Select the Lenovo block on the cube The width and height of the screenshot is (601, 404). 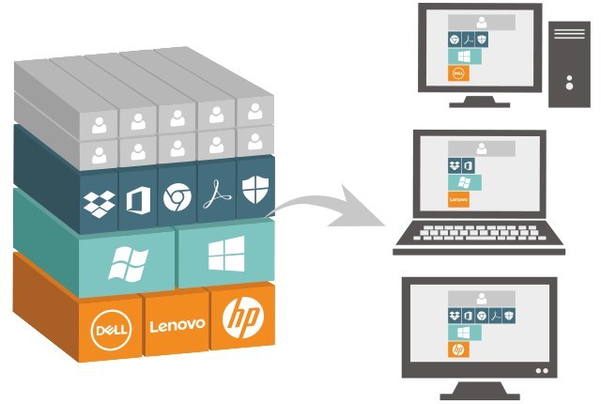(x=177, y=325)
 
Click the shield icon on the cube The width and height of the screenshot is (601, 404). (x=251, y=191)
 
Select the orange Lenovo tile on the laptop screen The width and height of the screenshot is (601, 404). (x=459, y=199)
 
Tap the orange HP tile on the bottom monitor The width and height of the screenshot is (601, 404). (x=458, y=349)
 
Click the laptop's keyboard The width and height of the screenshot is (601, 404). (x=478, y=234)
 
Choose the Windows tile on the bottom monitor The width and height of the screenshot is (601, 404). (x=463, y=332)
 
